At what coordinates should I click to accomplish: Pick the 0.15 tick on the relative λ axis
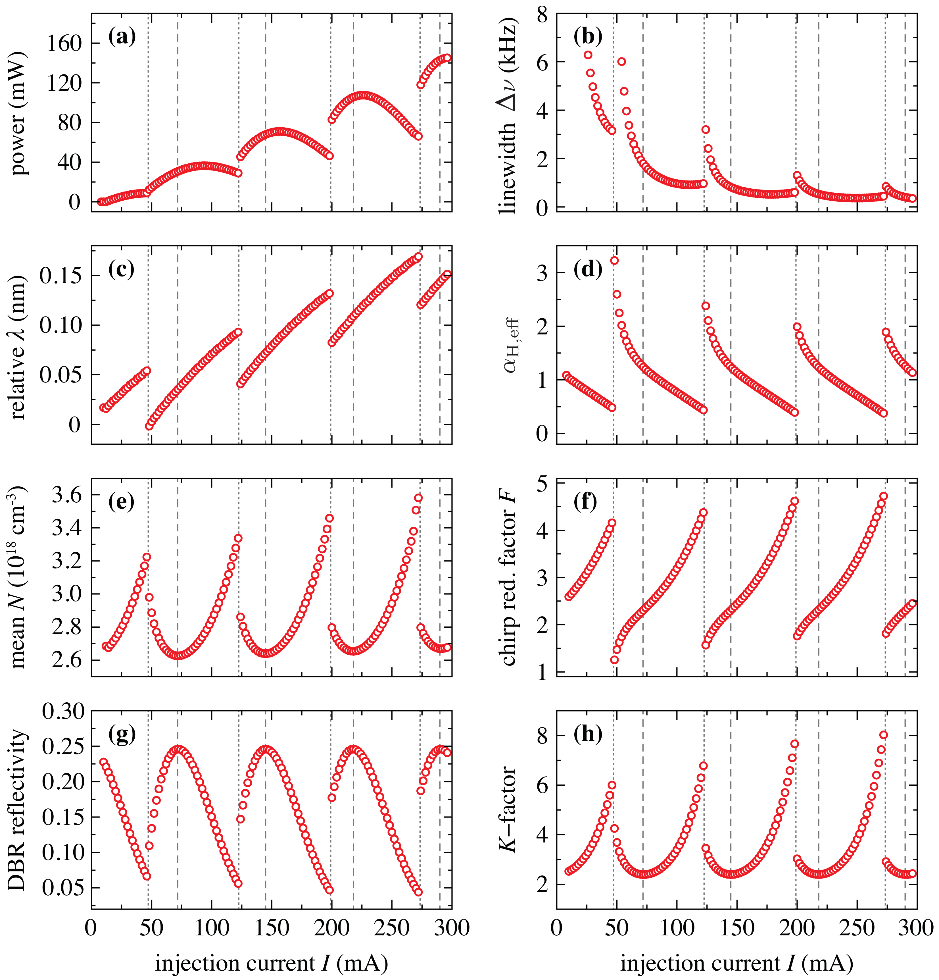59,276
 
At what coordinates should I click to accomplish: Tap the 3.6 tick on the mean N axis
65,495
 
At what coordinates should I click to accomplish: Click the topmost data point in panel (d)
614,261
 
